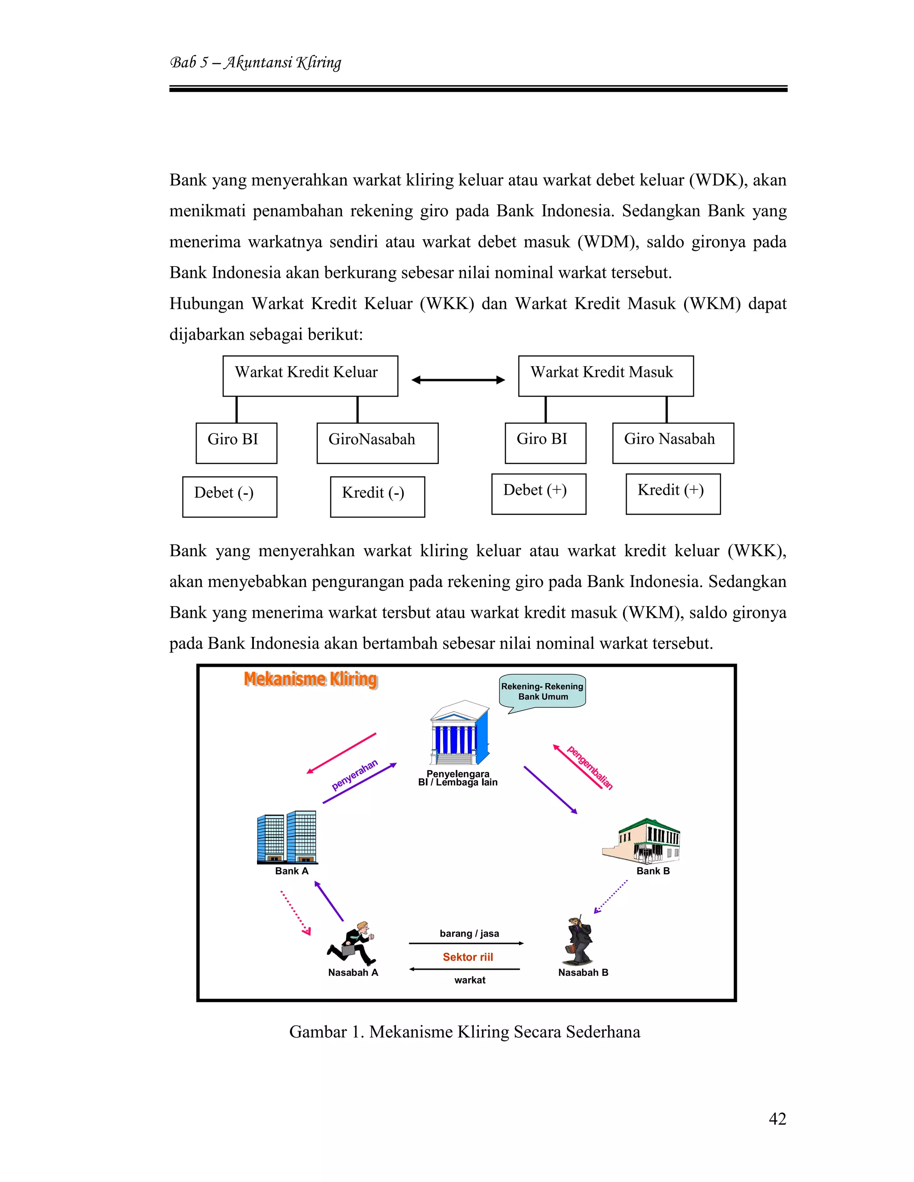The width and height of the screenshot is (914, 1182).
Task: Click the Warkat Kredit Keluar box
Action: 310,376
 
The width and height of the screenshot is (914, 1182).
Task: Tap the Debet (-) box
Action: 229,496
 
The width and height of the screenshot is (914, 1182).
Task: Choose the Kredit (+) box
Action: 673,494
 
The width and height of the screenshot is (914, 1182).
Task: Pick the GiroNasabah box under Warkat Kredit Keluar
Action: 378,443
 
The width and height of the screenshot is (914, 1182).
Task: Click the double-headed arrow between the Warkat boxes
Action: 458,380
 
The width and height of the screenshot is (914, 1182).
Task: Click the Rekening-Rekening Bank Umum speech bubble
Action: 543,691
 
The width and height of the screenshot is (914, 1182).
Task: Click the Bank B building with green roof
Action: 643,840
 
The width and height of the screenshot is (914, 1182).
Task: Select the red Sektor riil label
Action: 468,957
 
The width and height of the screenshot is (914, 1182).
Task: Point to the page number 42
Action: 777,1119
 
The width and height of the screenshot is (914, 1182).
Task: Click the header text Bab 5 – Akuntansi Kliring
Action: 256,63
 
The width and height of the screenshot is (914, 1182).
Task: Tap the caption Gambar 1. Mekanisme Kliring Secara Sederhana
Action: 465,1032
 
